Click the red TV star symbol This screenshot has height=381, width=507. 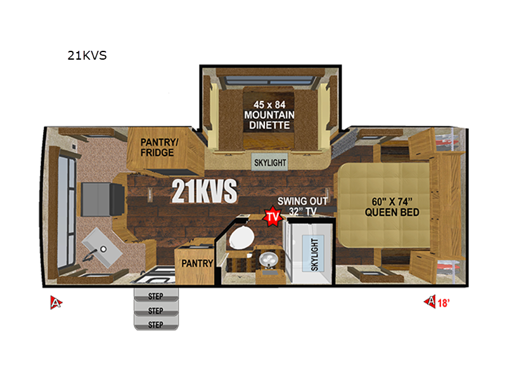273,216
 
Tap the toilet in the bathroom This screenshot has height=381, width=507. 241,237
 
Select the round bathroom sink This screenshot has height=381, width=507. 268,260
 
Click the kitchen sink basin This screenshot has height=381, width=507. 102,247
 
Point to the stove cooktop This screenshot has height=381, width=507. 102,199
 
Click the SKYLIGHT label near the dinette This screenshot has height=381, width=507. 270,163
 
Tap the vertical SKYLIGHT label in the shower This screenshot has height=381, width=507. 314,255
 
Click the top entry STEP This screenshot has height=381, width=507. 156,295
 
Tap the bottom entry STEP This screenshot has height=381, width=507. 156,324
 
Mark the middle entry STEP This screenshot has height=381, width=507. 156,311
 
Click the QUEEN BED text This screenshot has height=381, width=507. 392,212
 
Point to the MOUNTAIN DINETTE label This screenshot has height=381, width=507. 269,120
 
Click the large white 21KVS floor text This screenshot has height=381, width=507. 204,191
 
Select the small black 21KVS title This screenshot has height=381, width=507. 87,55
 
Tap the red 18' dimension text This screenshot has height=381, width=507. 443,303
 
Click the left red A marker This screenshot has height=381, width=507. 56,303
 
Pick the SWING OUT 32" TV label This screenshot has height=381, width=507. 302,206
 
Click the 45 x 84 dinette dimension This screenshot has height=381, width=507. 269,105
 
